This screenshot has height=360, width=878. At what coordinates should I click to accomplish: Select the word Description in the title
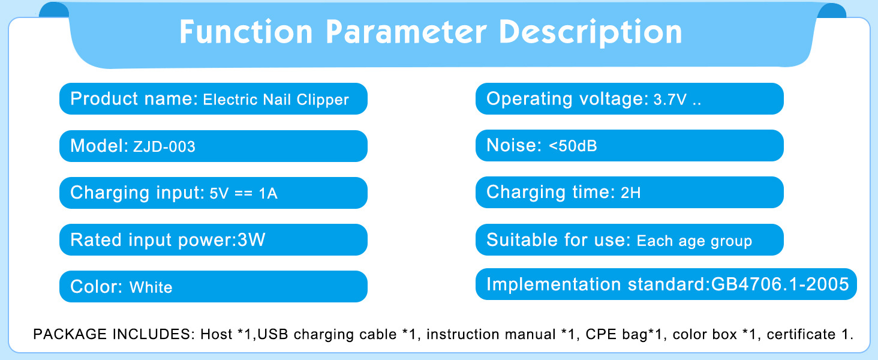[591, 33]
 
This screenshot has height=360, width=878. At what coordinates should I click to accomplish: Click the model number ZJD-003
[164, 146]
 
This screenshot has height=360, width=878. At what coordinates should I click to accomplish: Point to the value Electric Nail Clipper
[276, 100]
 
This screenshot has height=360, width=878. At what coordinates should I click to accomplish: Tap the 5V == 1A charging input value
[243, 193]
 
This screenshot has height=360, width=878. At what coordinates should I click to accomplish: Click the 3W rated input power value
[251, 239]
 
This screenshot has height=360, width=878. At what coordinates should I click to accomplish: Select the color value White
[151, 287]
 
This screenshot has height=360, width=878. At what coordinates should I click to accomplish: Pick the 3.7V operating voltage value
[670, 100]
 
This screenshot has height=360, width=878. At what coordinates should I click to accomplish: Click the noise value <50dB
[573, 146]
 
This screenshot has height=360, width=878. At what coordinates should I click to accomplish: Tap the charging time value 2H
[631, 193]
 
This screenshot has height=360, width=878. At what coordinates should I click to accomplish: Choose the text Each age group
[694, 241]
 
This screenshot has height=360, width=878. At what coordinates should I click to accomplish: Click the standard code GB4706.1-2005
[780, 284]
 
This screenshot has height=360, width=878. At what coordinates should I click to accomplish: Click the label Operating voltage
[567, 99]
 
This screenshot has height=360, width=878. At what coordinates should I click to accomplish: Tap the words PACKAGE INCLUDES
[114, 334]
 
